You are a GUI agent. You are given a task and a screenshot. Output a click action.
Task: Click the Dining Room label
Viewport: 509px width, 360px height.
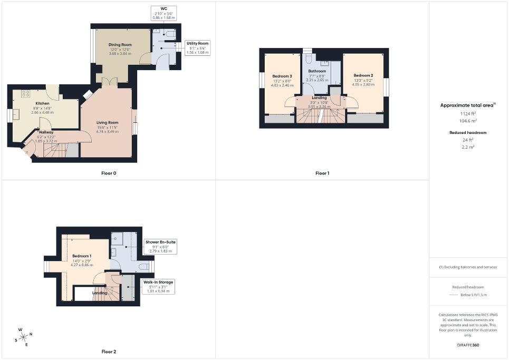120,45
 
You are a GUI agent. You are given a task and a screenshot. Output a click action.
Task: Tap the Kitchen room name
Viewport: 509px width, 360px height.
42,103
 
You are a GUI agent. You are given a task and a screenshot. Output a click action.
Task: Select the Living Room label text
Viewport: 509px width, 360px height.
107,123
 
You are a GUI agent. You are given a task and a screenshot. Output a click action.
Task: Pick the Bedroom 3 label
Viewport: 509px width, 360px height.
282,76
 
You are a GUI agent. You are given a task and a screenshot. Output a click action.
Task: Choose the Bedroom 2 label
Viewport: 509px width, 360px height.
364,75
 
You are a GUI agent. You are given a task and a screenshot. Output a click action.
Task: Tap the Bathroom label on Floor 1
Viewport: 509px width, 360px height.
317,71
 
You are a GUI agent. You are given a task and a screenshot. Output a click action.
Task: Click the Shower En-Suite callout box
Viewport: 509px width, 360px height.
160,246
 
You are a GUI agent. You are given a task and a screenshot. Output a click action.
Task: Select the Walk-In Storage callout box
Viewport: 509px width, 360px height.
158,286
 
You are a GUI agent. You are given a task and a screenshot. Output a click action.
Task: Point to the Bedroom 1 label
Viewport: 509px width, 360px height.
82,256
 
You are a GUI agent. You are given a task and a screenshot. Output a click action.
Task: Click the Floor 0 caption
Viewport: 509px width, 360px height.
109,173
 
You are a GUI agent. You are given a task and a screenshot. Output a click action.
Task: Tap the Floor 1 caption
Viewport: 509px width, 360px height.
322,173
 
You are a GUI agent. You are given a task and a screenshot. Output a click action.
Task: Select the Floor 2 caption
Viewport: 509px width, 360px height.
109,351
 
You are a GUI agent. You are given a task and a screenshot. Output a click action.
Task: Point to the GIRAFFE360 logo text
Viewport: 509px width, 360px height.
468,346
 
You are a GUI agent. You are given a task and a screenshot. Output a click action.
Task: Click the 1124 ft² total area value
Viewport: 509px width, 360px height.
468,113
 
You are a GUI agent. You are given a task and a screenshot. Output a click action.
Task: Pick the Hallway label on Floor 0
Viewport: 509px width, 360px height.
45,132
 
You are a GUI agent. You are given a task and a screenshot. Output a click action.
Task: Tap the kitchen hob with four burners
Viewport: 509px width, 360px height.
25,94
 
